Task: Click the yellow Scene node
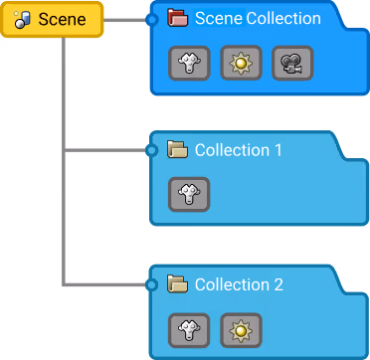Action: [52, 20]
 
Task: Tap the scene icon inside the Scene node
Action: [23, 20]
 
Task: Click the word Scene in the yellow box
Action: [62, 20]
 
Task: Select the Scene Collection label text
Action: [258, 18]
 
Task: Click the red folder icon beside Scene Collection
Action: [178, 18]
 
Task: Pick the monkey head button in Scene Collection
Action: [189, 63]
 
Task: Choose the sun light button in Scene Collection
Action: [240, 63]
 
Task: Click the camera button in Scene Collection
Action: [291, 63]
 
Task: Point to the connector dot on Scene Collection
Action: [151, 19]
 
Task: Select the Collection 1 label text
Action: [239, 150]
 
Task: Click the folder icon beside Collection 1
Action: [178, 150]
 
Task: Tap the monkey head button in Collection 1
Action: [189, 194]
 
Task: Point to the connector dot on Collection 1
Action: [151, 151]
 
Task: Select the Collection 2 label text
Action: [239, 284]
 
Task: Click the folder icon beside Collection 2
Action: [178, 284]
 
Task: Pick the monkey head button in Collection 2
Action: [189, 328]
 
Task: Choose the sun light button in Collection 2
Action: [240, 328]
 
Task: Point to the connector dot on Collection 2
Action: [151, 285]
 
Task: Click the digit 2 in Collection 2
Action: [278, 284]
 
